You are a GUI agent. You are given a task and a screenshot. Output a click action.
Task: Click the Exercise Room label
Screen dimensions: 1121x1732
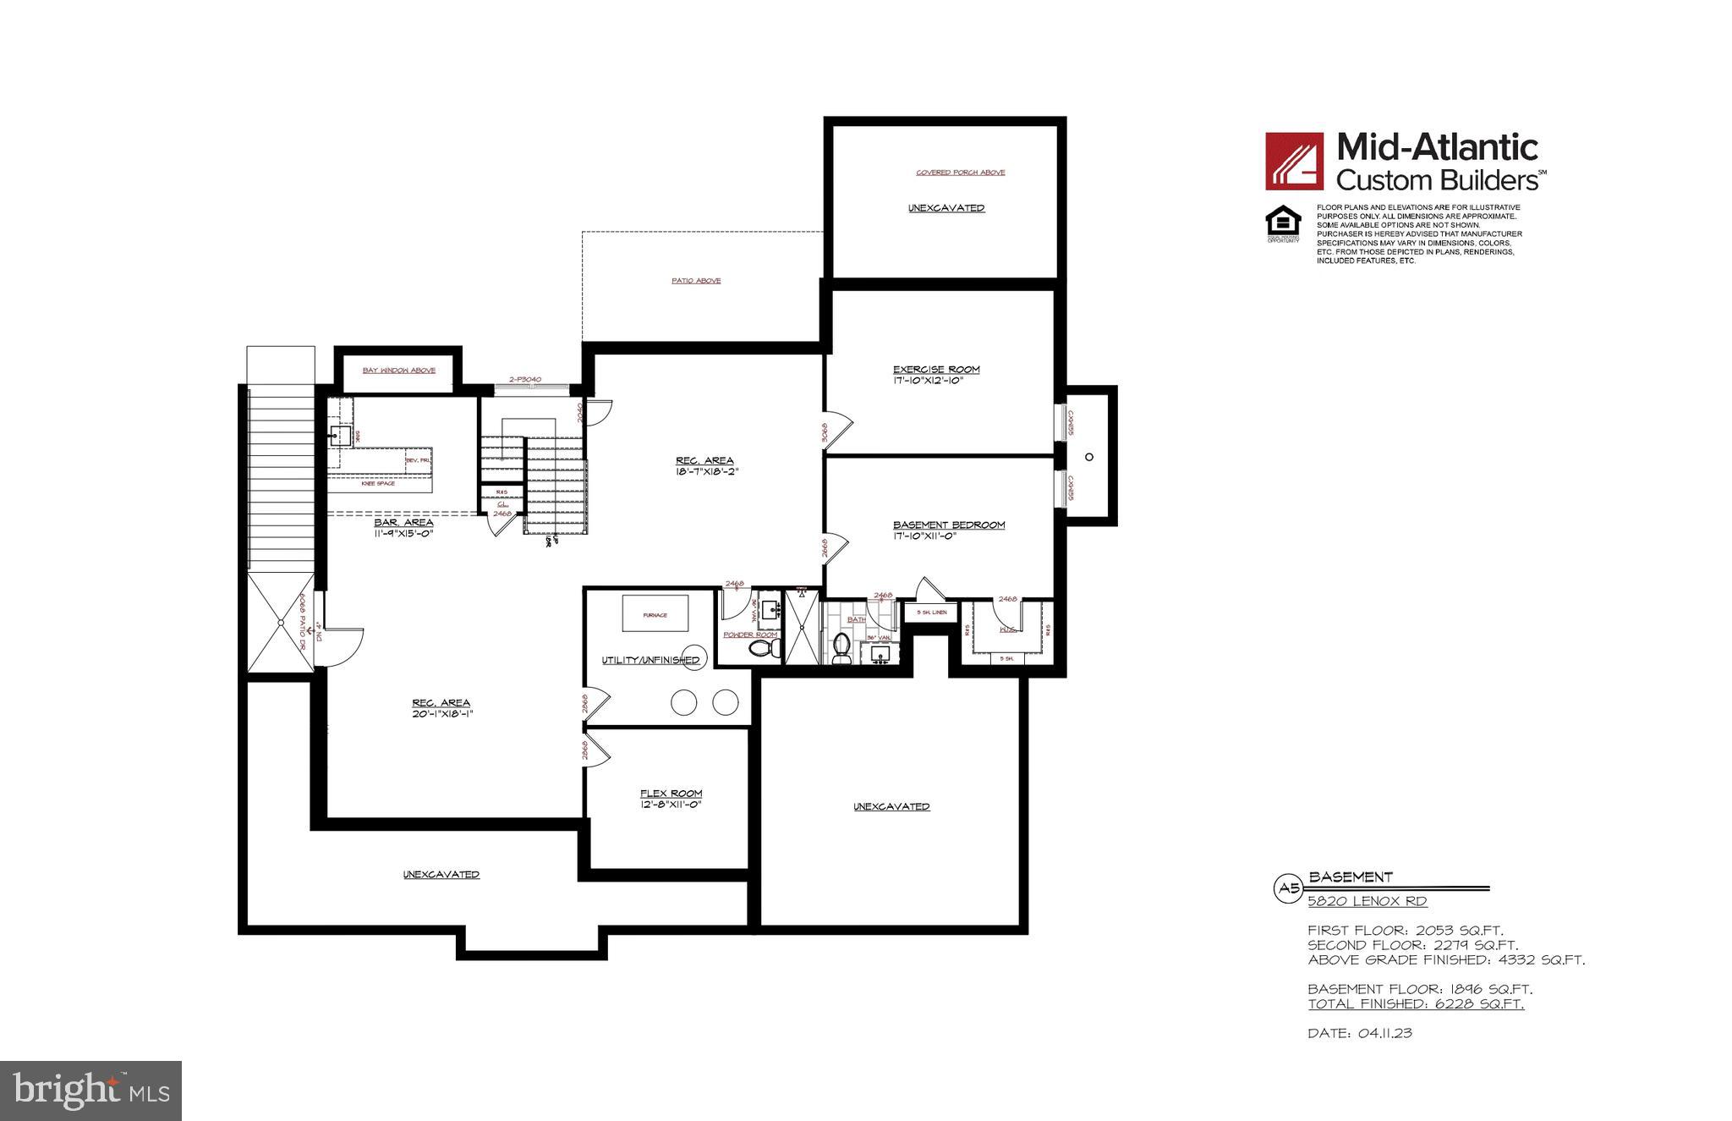click(x=936, y=370)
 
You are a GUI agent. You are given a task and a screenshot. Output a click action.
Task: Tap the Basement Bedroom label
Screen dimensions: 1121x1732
click(x=948, y=525)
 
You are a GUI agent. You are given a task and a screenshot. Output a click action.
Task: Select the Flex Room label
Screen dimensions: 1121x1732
click(x=671, y=794)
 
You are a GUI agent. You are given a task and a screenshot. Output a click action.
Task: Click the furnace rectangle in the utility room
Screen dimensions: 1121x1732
click(x=655, y=614)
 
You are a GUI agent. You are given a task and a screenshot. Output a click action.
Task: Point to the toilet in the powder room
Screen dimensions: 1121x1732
click(x=764, y=649)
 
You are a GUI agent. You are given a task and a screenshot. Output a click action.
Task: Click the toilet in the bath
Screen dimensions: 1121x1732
click(x=841, y=649)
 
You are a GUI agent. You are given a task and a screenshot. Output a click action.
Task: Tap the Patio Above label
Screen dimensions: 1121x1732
click(x=696, y=281)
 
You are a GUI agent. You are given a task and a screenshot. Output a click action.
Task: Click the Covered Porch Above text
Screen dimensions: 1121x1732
click(x=961, y=173)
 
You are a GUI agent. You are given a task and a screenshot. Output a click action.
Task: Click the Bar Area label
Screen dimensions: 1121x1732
click(x=403, y=523)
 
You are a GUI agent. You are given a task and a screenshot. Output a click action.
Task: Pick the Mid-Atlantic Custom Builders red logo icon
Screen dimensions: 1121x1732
click(x=1294, y=161)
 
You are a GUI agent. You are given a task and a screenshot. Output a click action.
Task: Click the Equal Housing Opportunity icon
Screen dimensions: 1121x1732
click(x=1282, y=225)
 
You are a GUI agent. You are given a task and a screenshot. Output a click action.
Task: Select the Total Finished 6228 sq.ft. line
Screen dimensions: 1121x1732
click(x=1416, y=1004)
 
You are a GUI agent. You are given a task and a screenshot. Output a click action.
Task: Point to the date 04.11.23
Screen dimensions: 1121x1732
click(x=1360, y=1033)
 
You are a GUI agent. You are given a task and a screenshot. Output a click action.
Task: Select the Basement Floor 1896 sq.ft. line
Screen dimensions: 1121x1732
click(x=1420, y=989)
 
